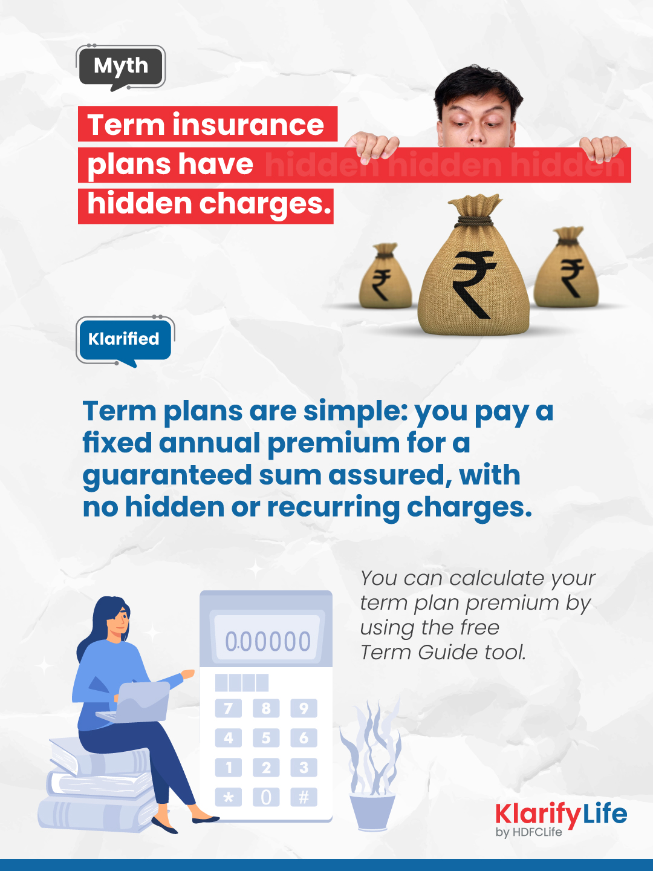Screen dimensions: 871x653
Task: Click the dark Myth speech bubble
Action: [x=121, y=66]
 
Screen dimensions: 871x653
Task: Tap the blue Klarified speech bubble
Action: [x=124, y=339]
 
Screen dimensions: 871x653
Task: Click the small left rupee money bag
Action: [x=385, y=278]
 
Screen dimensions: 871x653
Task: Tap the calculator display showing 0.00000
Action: [x=267, y=641]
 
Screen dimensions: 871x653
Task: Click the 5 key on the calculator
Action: [x=266, y=738]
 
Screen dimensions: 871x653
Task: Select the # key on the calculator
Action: [x=304, y=797]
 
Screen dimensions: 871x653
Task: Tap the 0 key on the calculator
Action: [x=266, y=797]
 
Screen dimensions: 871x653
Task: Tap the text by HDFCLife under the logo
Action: [x=528, y=832]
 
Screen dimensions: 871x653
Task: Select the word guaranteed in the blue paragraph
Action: [x=167, y=475]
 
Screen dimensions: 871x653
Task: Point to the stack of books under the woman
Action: [x=97, y=786]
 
